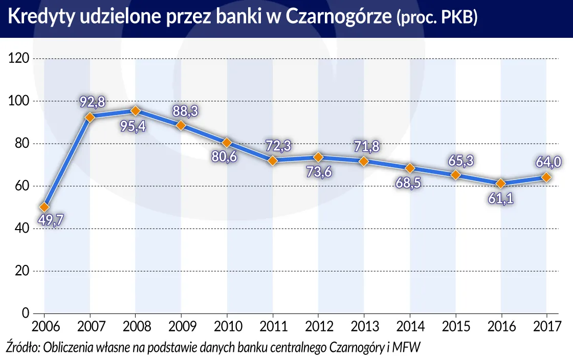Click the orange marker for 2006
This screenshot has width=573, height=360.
45,207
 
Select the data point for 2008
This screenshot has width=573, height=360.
136,110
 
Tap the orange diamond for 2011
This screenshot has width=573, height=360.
273,160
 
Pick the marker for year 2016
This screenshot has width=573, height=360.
501,183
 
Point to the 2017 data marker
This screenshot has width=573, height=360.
546,177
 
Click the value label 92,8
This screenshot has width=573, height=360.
92,102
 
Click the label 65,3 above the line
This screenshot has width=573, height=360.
459,160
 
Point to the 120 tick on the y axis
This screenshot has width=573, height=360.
19,58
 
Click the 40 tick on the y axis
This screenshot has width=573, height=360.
21,228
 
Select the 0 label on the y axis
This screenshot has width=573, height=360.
25,313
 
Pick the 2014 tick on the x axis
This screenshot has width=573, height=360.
409,326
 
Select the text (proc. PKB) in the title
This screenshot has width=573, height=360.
437,19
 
